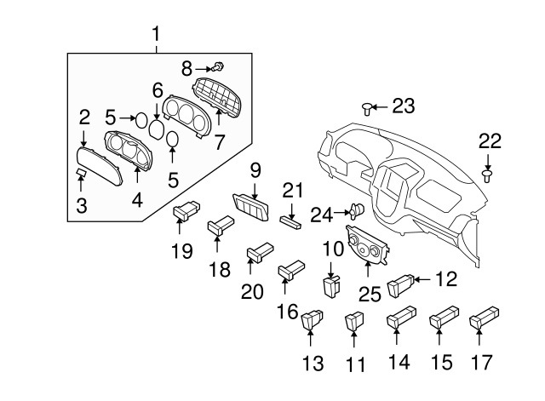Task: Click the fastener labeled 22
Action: [x=488, y=175]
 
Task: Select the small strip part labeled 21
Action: [x=291, y=221]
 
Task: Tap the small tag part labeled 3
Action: [x=79, y=174]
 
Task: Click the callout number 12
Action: [x=446, y=278]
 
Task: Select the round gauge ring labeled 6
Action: [x=158, y=129]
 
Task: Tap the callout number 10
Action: [x=331, y=249]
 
